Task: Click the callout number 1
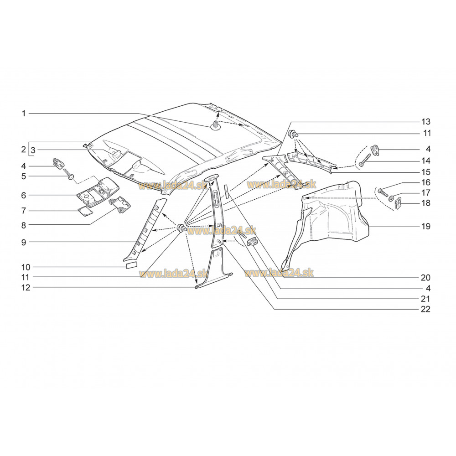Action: tap(24, 114)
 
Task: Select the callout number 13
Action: tap(426, 122)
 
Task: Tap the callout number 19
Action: tap(426, 226)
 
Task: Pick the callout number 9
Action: tap(24, 242)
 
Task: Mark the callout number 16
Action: tap(426, 182)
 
